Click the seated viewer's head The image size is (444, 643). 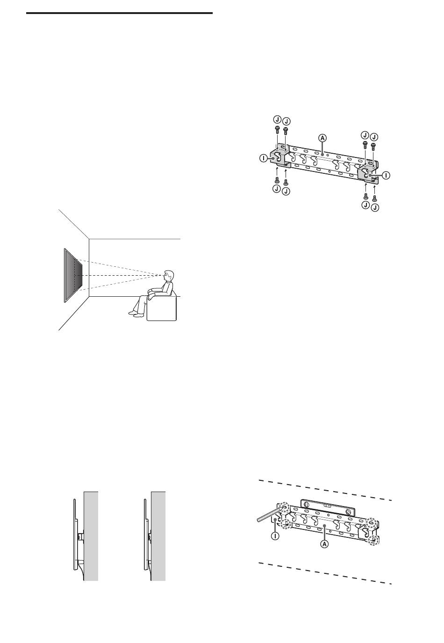[168, 276]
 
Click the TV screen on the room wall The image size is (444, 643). [73, 275]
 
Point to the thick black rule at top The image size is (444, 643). [119, 13]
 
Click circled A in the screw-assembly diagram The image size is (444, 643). [322, 138]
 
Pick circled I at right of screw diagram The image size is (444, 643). [386, 175]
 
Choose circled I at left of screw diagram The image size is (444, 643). [264, 158]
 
